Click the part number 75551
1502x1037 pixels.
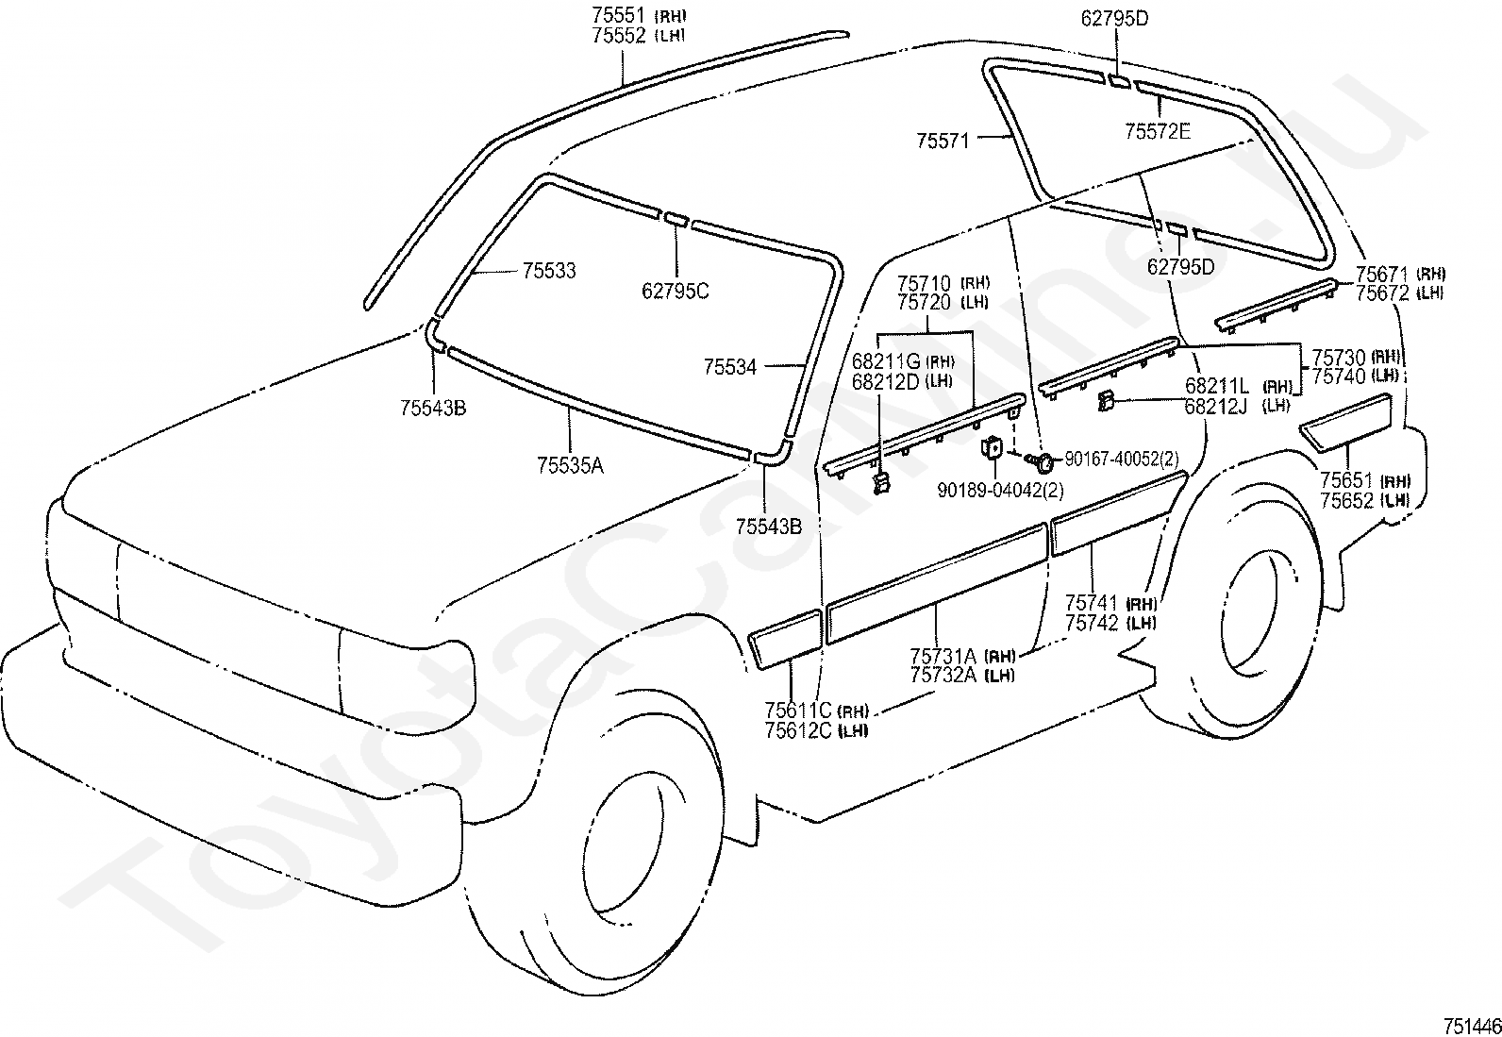point(618,16)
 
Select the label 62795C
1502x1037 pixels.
point(675,292)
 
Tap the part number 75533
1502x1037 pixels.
point(549,270)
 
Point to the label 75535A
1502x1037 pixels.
point(570,465)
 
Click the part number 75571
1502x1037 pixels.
point(943,141)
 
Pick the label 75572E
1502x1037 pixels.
point(1158,131)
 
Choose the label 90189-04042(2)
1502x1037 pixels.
point(1000,491)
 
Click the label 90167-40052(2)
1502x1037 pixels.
point(1122,459)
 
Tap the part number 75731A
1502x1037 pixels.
point(943,656)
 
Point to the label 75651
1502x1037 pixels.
point(1347,480)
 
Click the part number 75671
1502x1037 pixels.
point(1382,275)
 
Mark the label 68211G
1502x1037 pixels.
point(886,360)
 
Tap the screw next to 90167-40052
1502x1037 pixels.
point(1042,460)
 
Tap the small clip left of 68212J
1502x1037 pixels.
point(1105,403)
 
